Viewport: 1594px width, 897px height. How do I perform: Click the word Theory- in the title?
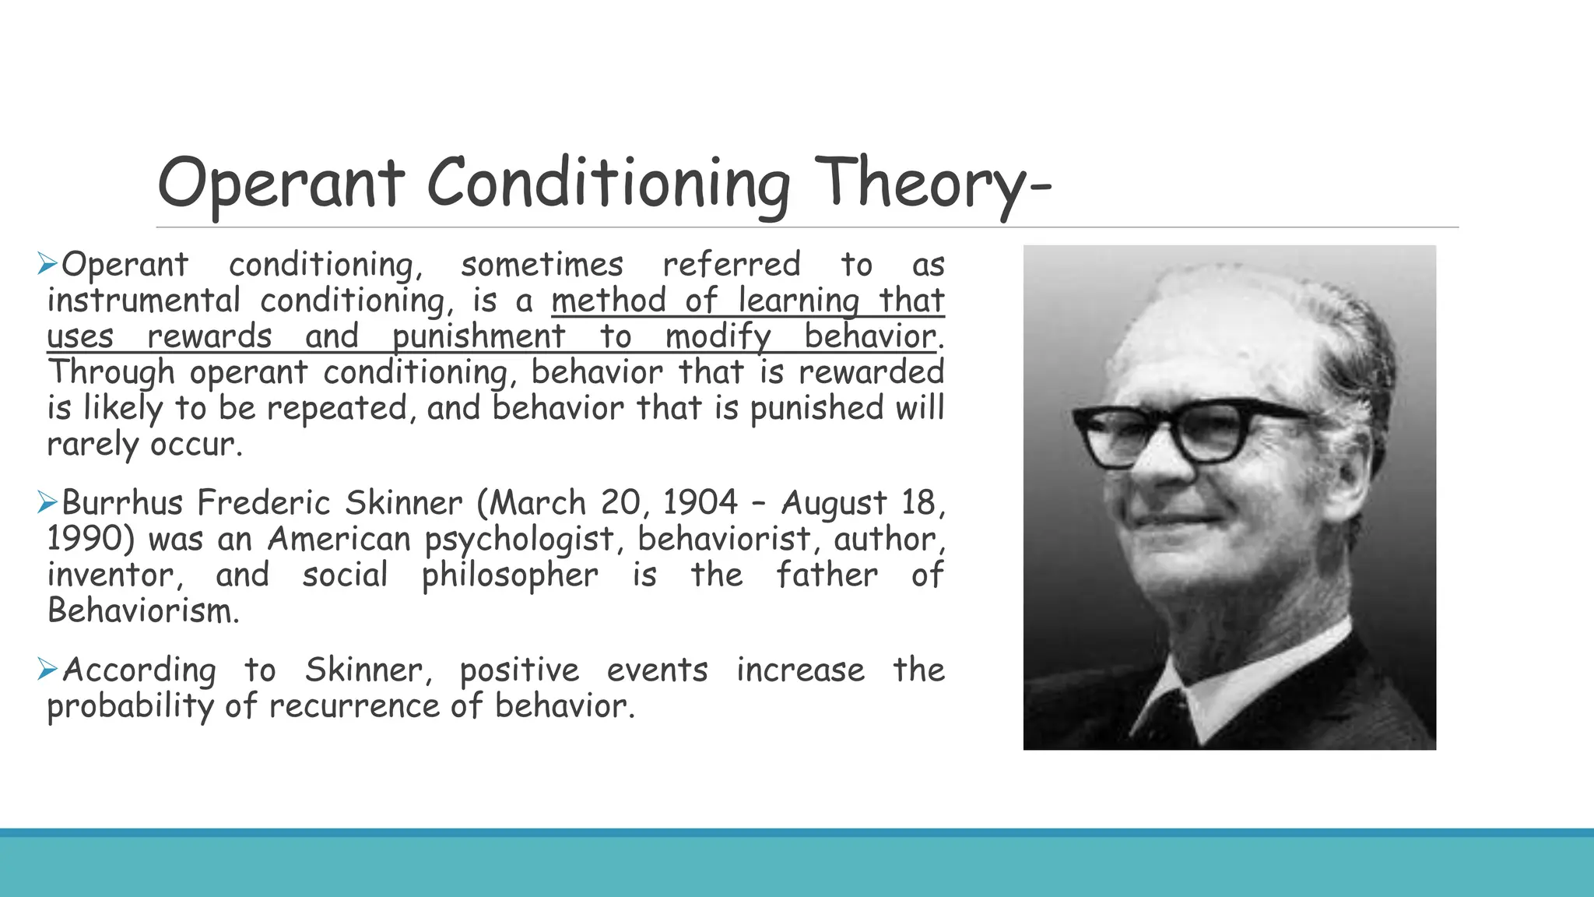point(934,184)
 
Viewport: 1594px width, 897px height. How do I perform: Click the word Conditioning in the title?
point(608,184)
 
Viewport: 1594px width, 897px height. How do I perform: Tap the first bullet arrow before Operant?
point(47,264)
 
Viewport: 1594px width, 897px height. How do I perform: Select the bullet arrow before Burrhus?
point(47,503)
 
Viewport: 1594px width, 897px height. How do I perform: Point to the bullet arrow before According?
point(47,669)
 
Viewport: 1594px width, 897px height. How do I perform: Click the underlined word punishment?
point(479,337)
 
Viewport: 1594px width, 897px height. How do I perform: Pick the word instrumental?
point(144,301)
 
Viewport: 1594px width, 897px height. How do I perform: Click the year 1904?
point(700,502)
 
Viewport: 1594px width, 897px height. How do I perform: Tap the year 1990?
point(91,539)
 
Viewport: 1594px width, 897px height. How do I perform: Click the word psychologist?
point(520,540)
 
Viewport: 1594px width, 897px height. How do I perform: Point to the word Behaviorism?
point(142,610)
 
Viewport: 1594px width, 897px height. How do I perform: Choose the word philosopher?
point(510,576)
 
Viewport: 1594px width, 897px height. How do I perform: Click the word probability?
point(129,707)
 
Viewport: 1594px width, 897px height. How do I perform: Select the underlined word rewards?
point(209,337)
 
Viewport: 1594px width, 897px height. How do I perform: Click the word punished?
point(816,409)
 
